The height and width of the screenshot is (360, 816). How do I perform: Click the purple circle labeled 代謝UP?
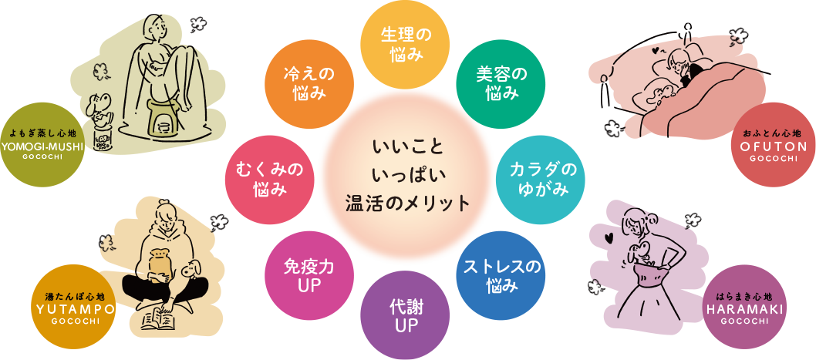[405, 315]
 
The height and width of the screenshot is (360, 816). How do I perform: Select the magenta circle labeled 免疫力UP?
[308, 276]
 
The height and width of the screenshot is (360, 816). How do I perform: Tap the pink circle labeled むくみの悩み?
[269, 179]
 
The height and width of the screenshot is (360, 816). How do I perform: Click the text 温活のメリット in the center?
[407, 204]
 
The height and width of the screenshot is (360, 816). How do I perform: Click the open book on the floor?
[160, 318]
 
